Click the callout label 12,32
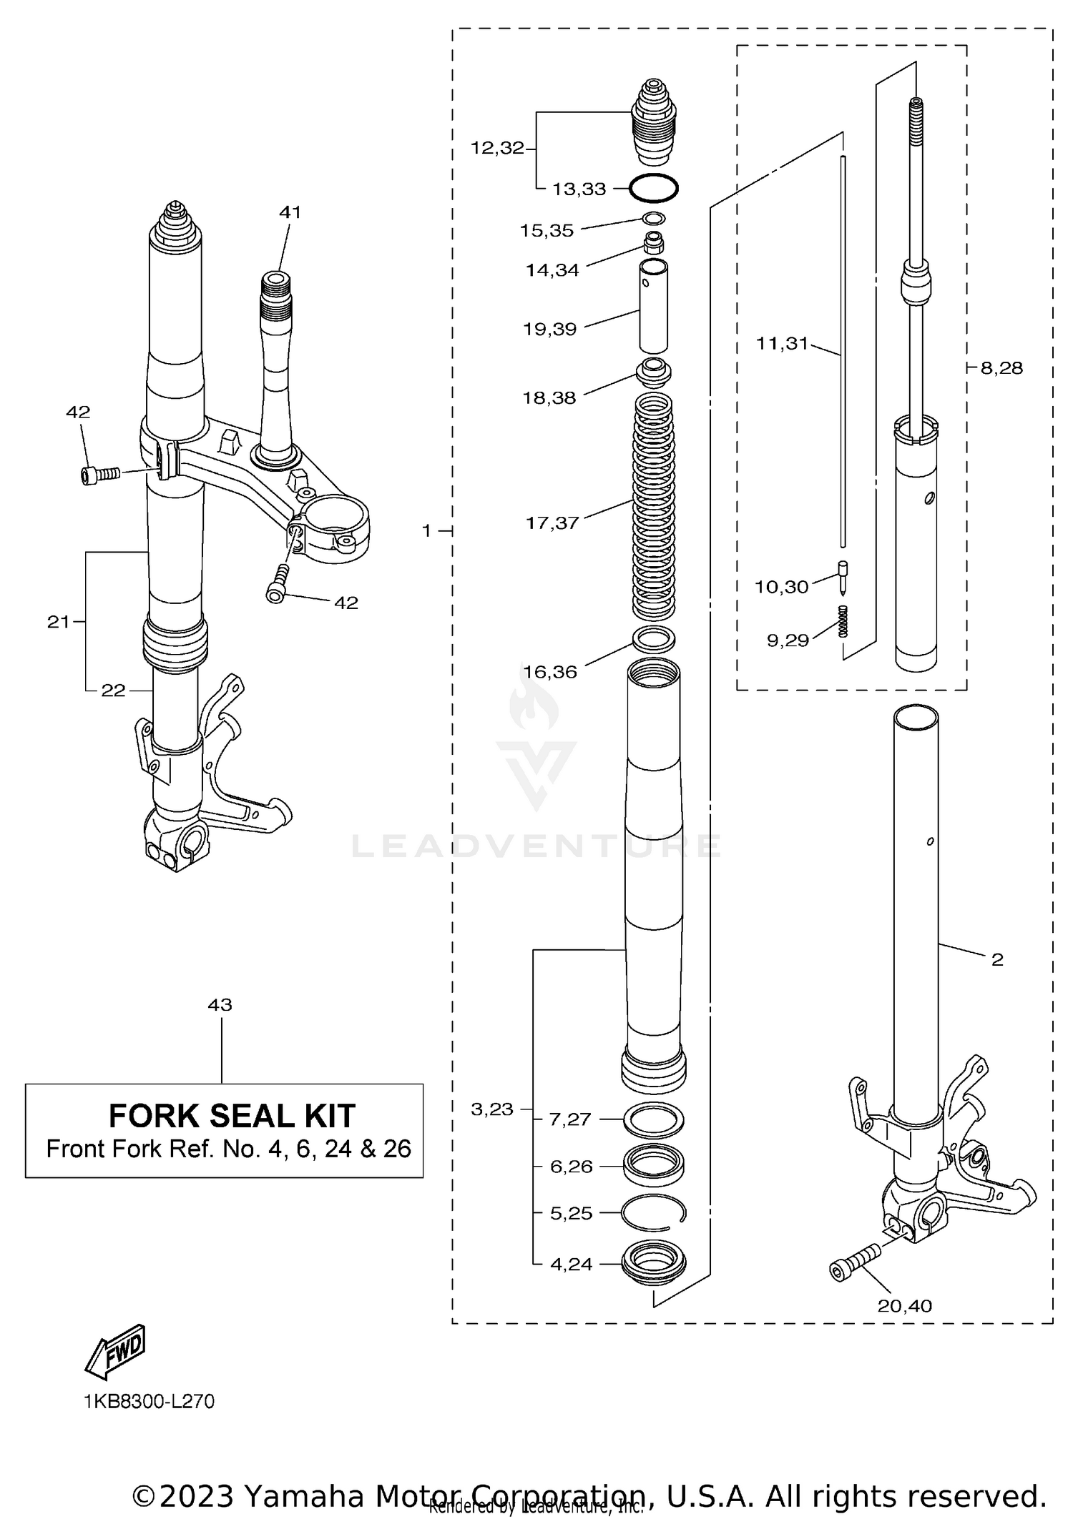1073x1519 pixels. click(x=497, y=148)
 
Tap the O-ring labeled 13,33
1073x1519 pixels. click(x=653, y=189)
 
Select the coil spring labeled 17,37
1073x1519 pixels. click(x=655, y=508)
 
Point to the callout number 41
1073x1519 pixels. click(x=290, y=212)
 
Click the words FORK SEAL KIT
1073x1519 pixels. click(x=231, y=1115)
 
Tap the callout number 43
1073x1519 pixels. click(x=220, y=1004)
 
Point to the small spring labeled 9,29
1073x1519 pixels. click(x=843, y=620)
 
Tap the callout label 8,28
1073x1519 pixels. click(x=1001, y=368)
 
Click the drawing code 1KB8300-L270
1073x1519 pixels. click(x=150, y=1401)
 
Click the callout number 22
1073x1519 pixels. click(x=113, y=690)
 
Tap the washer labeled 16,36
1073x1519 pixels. click(x=654, y=638)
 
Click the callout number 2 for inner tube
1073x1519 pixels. click(x=997, y=959)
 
